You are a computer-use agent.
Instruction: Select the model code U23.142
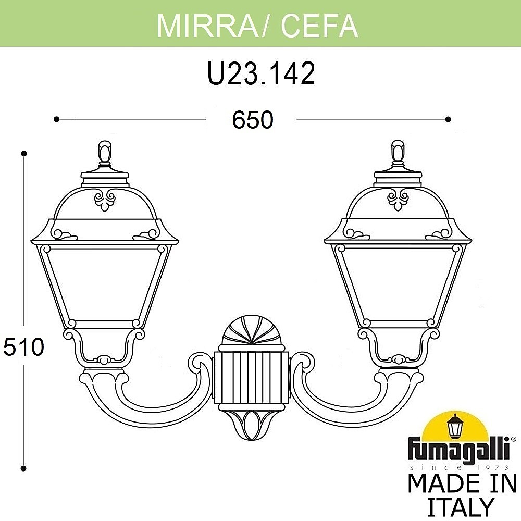pyautogui.click(x=261, y=73)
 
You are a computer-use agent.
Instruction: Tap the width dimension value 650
pyautogui.click(x=253, y=120)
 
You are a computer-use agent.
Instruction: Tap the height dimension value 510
pyautogui.click(x=23, y=346)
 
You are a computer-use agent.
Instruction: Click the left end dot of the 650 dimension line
pyautogui.click(x=56, y=119)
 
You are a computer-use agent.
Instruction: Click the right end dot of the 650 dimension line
pyautogui.click(x=448, y=119)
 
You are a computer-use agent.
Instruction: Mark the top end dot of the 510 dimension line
pyautogui.click(x=23, y=154)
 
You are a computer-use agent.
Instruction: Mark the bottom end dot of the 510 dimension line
pyautogui.click(x=23, y=468)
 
